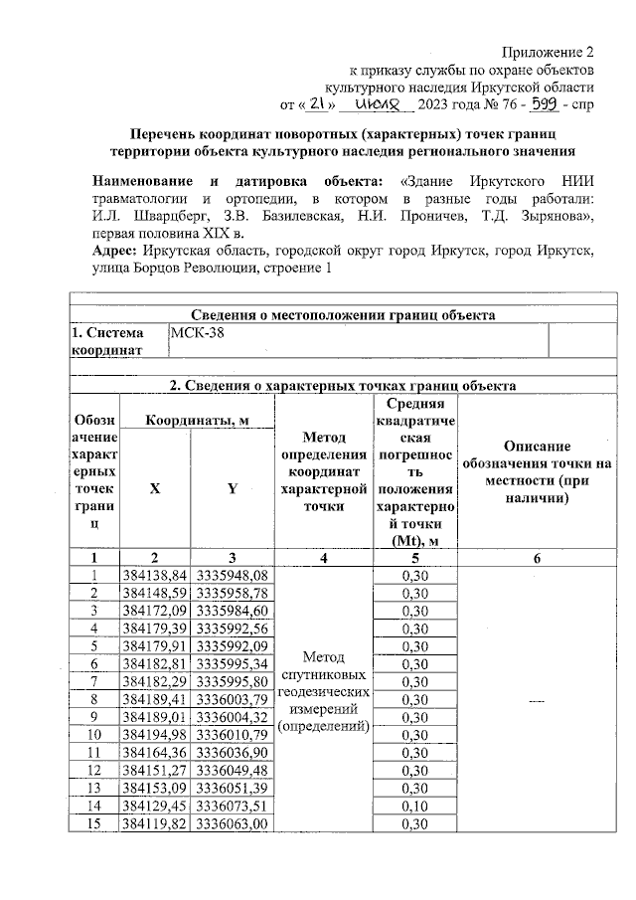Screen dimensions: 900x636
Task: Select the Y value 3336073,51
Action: click(x=233, y=807)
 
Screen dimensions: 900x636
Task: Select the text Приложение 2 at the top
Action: click(x=548, y=51)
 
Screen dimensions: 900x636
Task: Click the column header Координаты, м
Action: click(x=197, y=421)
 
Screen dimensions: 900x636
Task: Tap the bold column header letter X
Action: click(x=154, y=488)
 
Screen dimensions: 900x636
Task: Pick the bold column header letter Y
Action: click(x=233, y=488)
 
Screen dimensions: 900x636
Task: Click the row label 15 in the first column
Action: click(x=93, y=824)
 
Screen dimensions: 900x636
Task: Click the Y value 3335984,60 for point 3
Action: click(x=233, y=610)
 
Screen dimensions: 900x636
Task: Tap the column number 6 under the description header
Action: click(x=537, y=558)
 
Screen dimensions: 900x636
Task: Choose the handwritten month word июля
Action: click(x=380, y=102)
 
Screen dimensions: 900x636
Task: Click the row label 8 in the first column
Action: click(x=93, y=699)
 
